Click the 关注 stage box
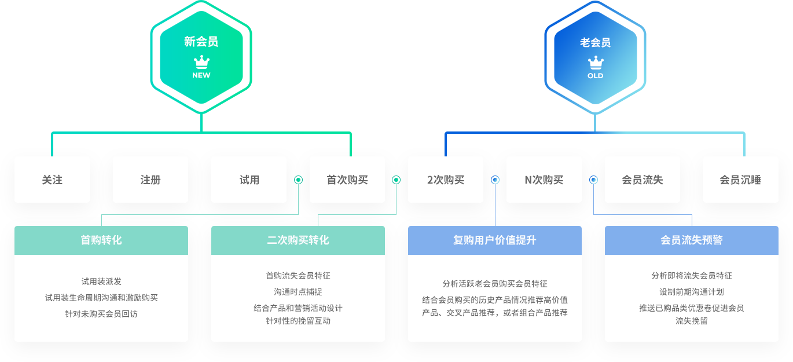point(52,180)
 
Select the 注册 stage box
point(150,180)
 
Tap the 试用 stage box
point(249,180)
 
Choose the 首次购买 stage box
point(347,180)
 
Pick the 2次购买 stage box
point(446,180)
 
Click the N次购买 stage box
point(544,180)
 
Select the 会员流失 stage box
point(643,180)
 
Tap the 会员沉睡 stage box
point(741,180)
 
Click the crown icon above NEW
point(201,62)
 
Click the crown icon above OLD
point(596,63)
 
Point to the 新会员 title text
point(201,41)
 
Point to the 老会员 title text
point(596,42)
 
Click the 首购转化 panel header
point(101,240)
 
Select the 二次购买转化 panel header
point(298,240)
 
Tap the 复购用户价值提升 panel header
point(495,240)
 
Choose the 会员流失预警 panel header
point(692,240)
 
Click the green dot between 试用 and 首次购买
point(298,180)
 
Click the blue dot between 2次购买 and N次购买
point(495,180)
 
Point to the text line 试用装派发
point(101,281)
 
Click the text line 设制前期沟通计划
point(692,292)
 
